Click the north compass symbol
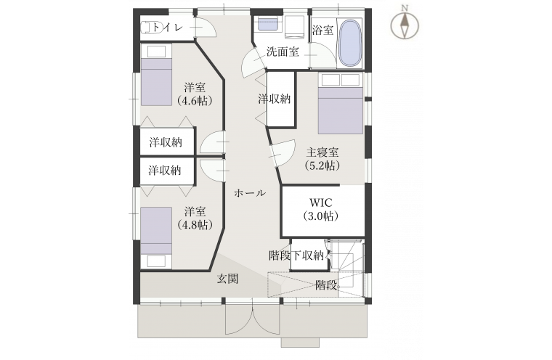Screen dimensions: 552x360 pos(405,25)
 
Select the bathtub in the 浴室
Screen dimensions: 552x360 pos(349,43)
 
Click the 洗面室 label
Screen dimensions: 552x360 pos(283,52)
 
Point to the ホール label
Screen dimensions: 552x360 pos(250,193)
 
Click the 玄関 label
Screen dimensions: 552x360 pos(227,279)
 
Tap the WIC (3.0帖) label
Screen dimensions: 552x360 pos(321,209)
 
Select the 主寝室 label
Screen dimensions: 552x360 pos(322,152)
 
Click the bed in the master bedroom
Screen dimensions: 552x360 pos(341,104)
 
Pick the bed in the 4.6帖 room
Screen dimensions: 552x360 pos(156,75)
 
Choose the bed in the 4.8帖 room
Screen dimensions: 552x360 pos(156,238)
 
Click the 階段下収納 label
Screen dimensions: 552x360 pos(296,255)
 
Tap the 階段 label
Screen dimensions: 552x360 pos(326,285)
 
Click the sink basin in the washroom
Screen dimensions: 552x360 pos(268,24)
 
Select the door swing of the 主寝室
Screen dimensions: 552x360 pos(283,153)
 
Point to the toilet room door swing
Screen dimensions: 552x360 pos(204,26)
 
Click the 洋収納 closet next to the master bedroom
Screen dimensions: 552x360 pos(280,99)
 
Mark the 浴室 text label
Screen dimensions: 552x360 pos(322,30)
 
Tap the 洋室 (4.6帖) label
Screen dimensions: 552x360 pos(195,94)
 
